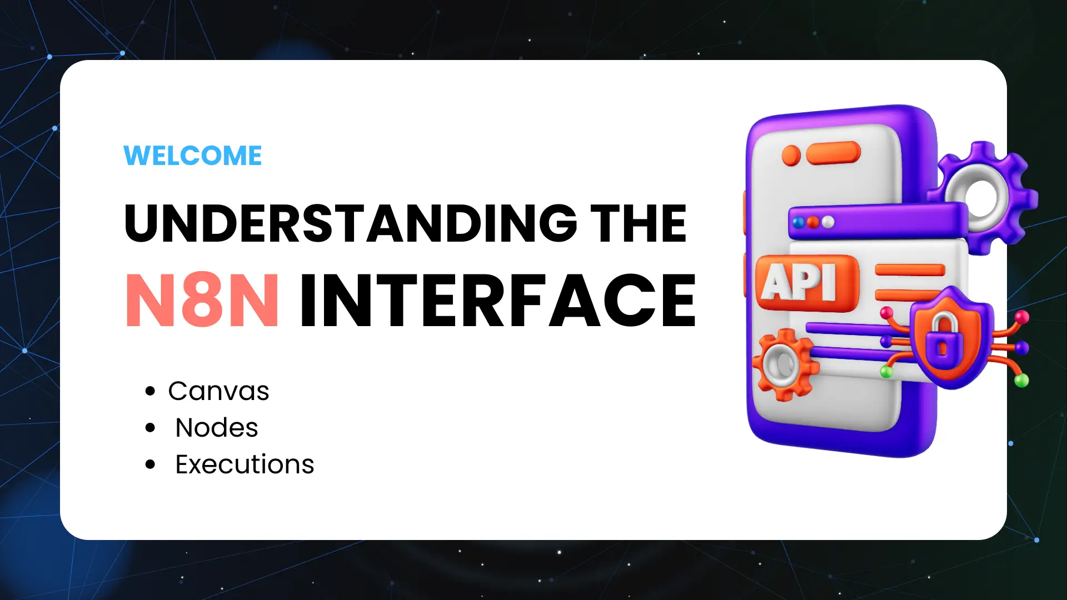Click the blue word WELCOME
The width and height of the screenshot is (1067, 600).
[x=192, y=156]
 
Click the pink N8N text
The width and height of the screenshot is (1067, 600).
[x=202, y=301]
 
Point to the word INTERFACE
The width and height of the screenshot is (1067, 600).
[x=498, y=301]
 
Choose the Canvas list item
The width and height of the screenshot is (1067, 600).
[x=218, y=391]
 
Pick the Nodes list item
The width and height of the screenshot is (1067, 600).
[x=217, y=428]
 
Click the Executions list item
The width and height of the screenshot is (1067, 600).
[x=245, y=464]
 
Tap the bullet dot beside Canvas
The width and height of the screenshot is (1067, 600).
[x=150, y=391]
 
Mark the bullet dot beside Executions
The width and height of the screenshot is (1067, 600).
[x=150, y=464]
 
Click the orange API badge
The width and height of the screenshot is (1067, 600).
[x=807, y=282]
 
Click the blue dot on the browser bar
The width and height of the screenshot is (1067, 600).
[x=799, y=223]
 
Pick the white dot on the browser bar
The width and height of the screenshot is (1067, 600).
[x=828, y=222]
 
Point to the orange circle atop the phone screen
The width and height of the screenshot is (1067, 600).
[x=791, y=156]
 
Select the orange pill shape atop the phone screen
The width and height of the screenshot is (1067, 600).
[x=833, y=153]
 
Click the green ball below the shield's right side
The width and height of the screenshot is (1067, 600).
[x=1021, y=381]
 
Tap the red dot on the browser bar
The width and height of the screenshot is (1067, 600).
[x=813, y=222]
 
